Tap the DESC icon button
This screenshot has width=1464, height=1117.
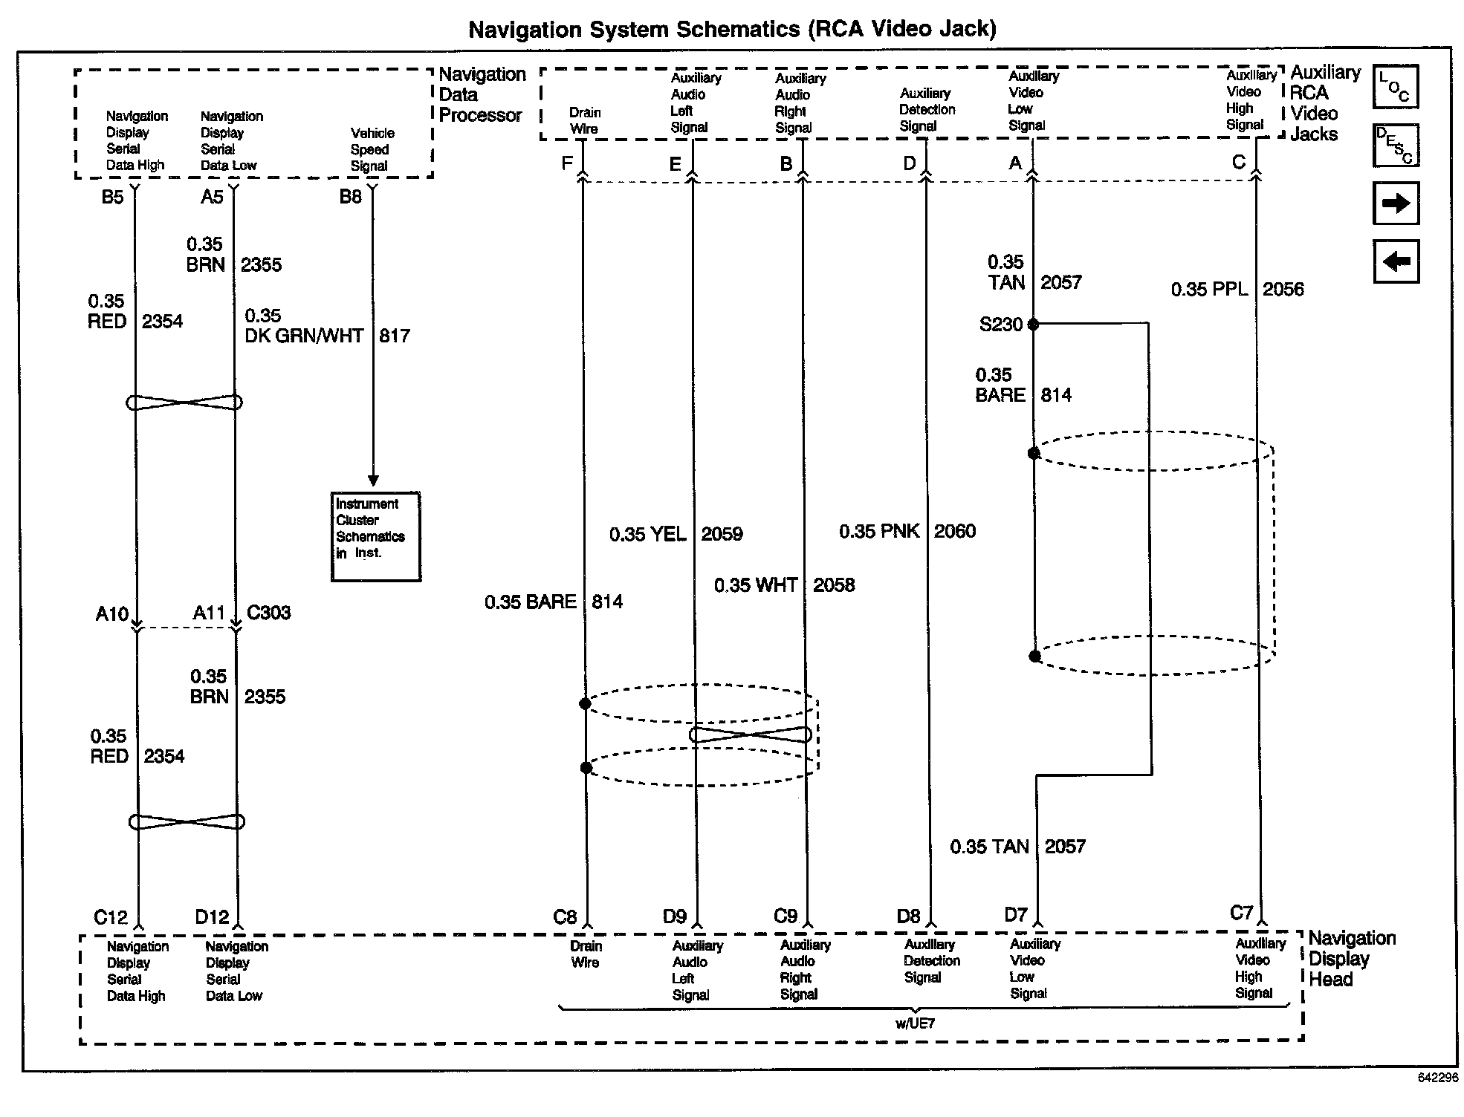[x=1395, y=146]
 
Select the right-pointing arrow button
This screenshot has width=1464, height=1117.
[x=1396, y=203]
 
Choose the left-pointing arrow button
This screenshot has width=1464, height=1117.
[x=1396, y=261]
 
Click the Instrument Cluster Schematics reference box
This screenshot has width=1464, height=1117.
[x=375, y=536]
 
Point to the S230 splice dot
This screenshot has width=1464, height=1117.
[x=1033, y=325]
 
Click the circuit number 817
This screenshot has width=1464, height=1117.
[x=394, y=336]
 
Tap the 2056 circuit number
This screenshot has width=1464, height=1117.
[x=1283, y=290]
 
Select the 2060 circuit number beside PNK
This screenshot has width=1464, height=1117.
[x=954, y=532]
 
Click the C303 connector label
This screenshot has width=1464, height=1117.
[x=268, y=613]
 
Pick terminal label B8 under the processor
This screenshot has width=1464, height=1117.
[x=350, y=198]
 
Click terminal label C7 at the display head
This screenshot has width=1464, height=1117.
[x=1241, y=914]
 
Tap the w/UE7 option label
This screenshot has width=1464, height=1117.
[x=915, y=1023]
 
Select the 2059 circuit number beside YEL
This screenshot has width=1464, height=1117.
[x=722, y=535]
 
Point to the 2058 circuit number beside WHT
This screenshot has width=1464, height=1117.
[x=833, y=586]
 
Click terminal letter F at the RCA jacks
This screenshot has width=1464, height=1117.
[x=567, y=163]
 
